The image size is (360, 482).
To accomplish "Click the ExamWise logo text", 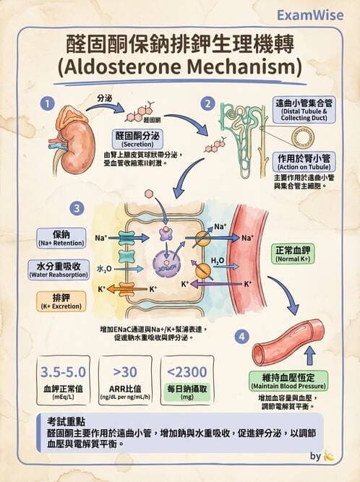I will (x=314, y=14).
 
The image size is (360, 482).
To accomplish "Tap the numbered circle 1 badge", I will (x=48, y=103).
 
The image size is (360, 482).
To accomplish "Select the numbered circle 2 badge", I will (x=207, y=103).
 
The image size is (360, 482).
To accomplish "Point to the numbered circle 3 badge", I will (x=77, y=209).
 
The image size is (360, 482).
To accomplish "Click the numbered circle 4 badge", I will (x=243, y=336).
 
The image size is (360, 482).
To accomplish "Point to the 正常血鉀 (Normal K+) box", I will (x=294, y=254).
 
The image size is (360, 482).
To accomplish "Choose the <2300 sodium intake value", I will (x=191, y=373).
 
